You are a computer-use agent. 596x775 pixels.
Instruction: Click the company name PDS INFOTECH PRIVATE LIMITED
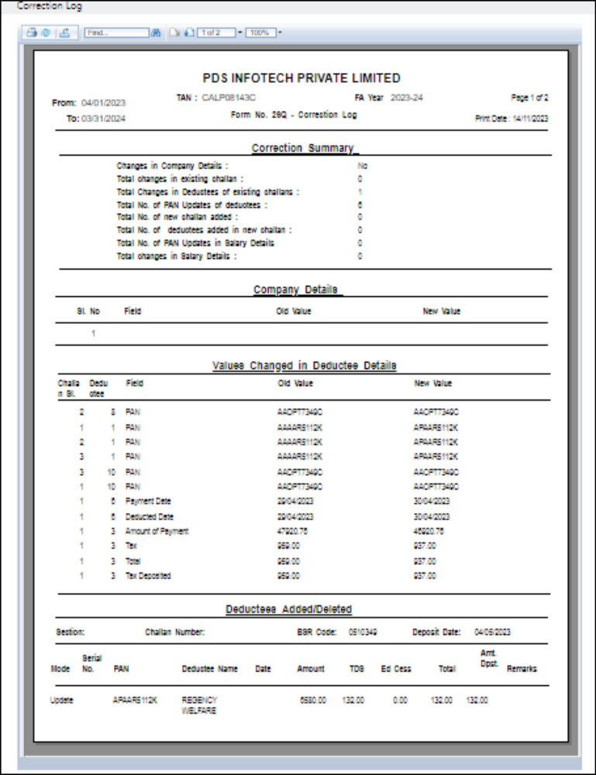pyautogui.click(x=301, y=78)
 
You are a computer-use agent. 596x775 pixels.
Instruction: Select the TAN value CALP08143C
pyautogui.click(x=229, y=98)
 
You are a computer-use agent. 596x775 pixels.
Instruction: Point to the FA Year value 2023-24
pyautogui.click(x=407, y=98)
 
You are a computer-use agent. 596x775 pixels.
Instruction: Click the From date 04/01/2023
pyautogui.click(x=103, y=102)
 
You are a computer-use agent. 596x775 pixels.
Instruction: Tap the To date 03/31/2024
pyautogui.click(x=103, y=119)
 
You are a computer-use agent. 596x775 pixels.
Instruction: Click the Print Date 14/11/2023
pyautogui.click(x=530, y=119)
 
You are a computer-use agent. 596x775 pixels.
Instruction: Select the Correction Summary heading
pyautogui.click(x=302, y=148)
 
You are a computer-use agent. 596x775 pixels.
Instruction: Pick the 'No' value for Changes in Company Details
pyautogui.click(x=362, y=166)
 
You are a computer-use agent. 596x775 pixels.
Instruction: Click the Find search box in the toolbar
pyautogui.click(x=116, y=33)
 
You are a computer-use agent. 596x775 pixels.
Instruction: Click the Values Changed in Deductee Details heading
pyautogui.click(x=304, y=366)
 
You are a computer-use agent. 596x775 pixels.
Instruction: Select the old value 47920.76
pyautogui.click(x=295, y=531)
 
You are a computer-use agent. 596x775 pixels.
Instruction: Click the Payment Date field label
pyautogui.click(x=148, y=501)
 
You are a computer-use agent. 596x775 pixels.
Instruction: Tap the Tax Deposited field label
pyautogui.click(x=148, y=576)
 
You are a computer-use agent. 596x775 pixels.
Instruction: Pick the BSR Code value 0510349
pyautogui.click(x=363, y=632)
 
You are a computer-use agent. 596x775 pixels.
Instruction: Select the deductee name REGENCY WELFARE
pyautogui.click(x=200, y=705)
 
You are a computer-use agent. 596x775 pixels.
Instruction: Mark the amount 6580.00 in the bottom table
pyautogui.click(x=313, y=701)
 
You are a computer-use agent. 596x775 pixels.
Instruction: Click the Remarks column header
pyautogui.click(x=522, y=669)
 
